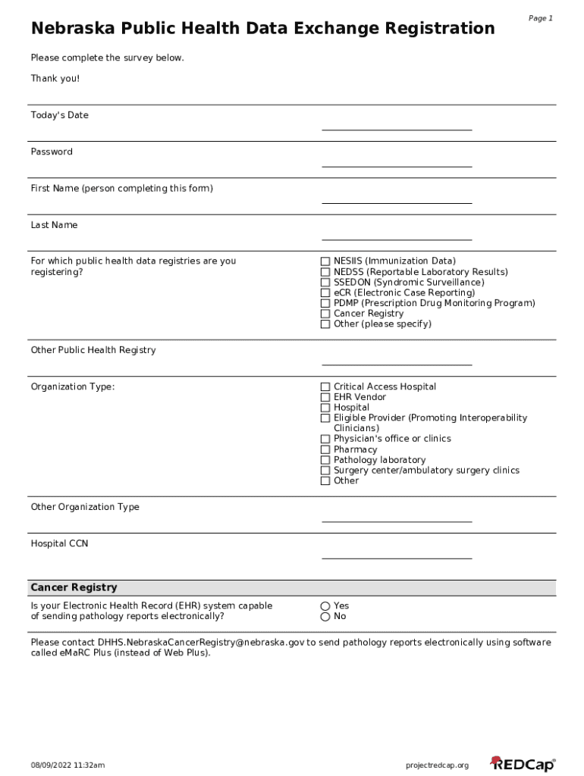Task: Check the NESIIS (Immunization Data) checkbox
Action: pos(325,261)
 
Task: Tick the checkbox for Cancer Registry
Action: pos(325,314)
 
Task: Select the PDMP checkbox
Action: pos(325,303)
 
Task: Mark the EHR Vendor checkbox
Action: pos(325,397)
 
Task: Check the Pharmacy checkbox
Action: pos(325,450)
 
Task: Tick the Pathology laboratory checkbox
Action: pos(325,460)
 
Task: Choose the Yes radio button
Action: pos(325,606)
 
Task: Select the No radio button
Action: pos(325,617)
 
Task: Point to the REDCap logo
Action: pos(523,764)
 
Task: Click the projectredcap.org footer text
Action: pos(438,765)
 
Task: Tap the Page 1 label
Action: pos(541,18)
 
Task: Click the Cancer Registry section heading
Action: pos(74,587)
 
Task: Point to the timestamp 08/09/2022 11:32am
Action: pos(68,765)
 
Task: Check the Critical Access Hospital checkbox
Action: pos(325,387)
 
